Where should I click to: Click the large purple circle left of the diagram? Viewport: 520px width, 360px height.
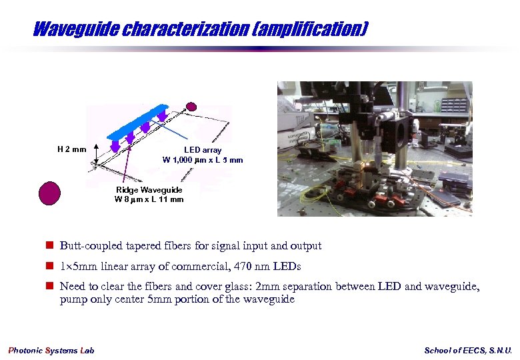pyautogui.click(x=49, y=193)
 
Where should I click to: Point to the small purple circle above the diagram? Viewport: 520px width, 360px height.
pyautogui.click(x=191, y=107)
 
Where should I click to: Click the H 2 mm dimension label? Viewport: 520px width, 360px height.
pyautogui.click(x=71, y=149)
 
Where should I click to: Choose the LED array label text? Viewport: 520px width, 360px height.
pyautogui.click(x=203, y=150)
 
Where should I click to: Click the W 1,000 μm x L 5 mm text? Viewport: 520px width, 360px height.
pyautogui.click(x=203, y=160)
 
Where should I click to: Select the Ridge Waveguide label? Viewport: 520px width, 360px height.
pyautogui.click(x=149, y=190)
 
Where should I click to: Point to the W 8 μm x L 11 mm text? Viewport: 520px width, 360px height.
pyautogui.click(x=149, y=199)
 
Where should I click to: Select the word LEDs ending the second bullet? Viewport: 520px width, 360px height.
pyautogui.click(x=287, y=267)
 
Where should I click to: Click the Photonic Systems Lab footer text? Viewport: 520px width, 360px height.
pyautogui.click(x=51, y=351)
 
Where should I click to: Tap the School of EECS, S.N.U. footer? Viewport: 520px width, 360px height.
pyautogui.click(x=468, y=351)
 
